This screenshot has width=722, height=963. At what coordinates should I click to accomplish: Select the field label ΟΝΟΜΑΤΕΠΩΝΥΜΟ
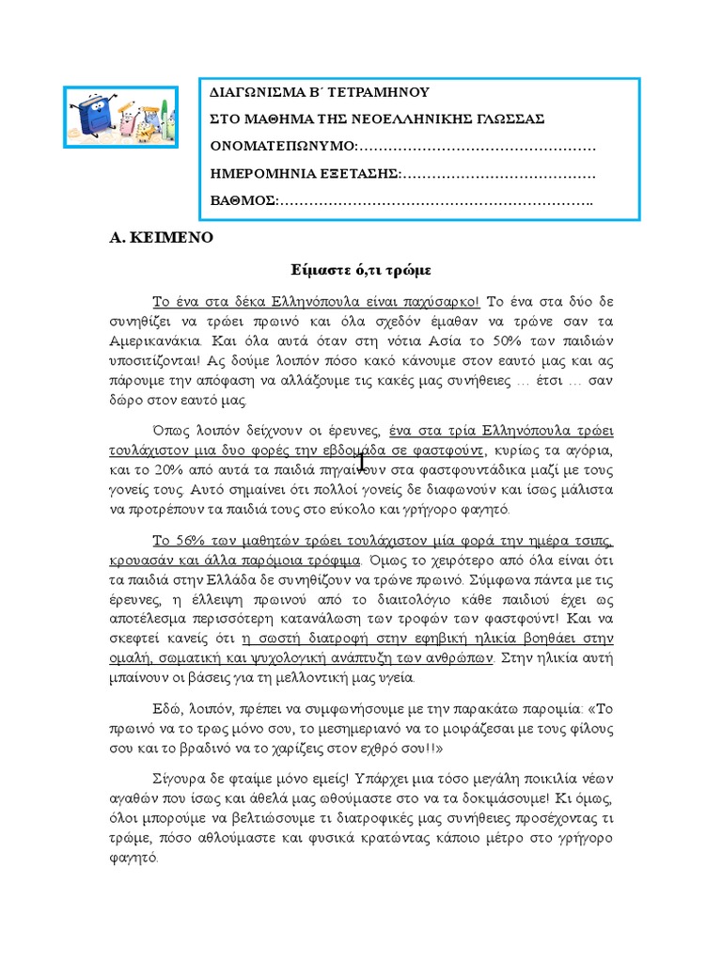282,148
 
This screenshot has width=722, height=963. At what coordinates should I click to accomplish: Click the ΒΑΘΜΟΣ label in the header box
242,202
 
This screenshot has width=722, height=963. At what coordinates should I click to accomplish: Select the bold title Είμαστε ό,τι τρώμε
360,270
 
